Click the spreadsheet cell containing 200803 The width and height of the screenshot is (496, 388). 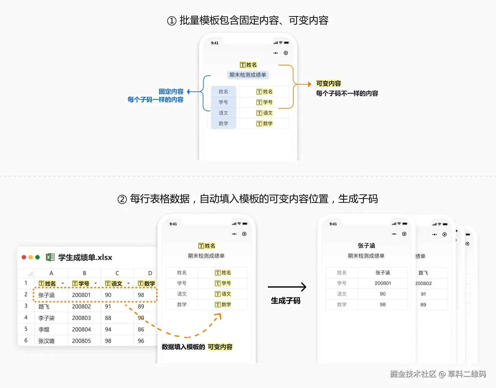point(81,318)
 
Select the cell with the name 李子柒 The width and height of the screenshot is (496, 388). point(46,318)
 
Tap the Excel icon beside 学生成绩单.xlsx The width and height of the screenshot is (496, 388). point(50,257)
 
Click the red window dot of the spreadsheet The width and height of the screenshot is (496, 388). point(24,257)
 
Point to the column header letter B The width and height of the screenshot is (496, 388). point(84,273)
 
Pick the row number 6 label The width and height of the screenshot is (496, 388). point(26,340)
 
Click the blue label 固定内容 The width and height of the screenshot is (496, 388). point(171,91)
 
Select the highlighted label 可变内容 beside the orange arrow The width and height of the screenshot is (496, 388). point(328,84)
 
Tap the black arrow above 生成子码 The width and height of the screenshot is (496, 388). point(287,287)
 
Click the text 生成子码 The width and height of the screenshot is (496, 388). point(286,301)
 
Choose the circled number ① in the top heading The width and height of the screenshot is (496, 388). point(172,21)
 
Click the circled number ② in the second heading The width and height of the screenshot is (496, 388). point(122,199)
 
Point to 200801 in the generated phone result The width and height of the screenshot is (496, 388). point(383,283)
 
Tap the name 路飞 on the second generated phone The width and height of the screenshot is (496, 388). point(423,273)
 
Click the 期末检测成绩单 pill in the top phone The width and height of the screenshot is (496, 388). point(248,75)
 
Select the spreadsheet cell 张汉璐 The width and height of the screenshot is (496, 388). point(46,341)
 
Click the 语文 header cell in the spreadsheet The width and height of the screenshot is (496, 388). point(114,284)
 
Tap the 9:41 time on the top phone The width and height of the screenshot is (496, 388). point(215,43)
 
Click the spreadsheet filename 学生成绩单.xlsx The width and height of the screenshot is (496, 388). point(85,258)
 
